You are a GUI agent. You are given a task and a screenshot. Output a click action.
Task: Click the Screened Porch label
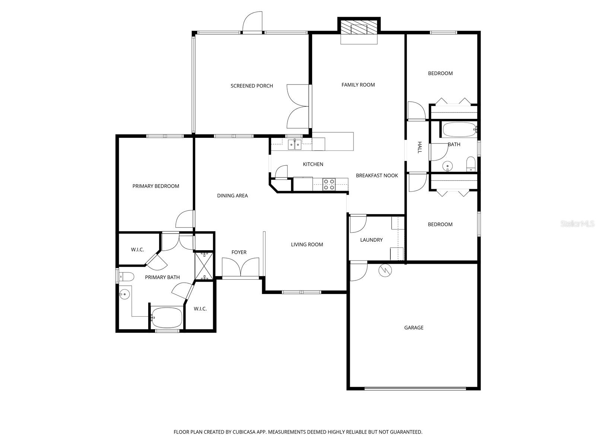pyautogui.click(x=252, y=86)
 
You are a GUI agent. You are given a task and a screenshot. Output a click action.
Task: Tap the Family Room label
pyautogui.click(x=358, y=85)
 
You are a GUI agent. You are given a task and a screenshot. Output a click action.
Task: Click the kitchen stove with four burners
pyautogui.click(x=329, y=184)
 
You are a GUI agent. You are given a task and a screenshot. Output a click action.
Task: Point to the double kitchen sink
pyautogui.click(x=295, y=145)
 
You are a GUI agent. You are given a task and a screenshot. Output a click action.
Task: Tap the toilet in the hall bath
pyautogui.click(x=471, y=164)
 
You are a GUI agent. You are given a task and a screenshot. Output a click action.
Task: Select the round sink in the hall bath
pyautogui.click(x=447, y=165)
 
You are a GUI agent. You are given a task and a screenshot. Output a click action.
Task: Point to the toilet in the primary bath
pyautogui.click(x=127, y=276)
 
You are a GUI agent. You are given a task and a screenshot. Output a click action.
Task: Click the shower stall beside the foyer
pyautogui.click(x=205, y=266)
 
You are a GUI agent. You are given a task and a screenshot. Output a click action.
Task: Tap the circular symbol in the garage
pyautogui.click(x=385, y=270)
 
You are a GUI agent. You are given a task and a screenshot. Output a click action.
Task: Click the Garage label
pyautogui.click(x=414, y=327)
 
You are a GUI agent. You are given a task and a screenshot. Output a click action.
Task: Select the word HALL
pyautogui.click(x=419, y=148)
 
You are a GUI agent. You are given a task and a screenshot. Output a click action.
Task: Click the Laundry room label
pyautogui.click(x=371, y=240)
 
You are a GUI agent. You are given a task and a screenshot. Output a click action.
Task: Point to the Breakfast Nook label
pyautogui.click(x=377, y=175)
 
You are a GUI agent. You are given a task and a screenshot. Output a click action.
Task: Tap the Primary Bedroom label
pyautogui.click(x=156, y=186)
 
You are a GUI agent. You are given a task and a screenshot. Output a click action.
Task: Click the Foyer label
pyautogui.click(x=239, y=253)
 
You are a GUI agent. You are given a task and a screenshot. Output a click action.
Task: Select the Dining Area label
pyautogui.click(x=232, y=196)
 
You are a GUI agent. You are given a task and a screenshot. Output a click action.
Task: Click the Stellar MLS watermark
pyautogui.click(x=577, y=224)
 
